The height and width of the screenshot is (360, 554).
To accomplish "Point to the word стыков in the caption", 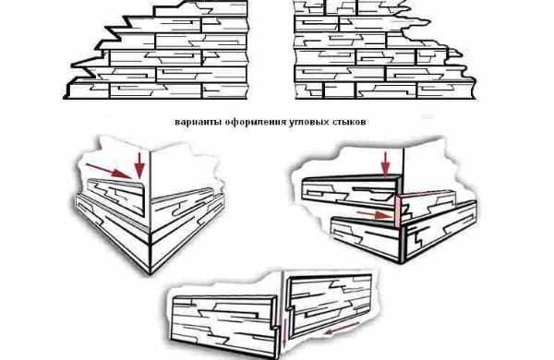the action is click(349, 122).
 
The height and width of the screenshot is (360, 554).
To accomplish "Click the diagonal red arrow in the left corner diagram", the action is click(109, 171).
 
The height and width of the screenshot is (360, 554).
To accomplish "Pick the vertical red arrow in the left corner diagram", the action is click(140, 165).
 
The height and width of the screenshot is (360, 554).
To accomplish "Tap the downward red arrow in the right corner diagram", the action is click(386, 164).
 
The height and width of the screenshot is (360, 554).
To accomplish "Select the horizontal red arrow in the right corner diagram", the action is click(375, 214).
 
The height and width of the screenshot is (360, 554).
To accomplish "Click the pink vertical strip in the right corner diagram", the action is click(397, 211).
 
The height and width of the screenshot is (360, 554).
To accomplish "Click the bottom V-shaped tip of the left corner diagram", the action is click(151, 274).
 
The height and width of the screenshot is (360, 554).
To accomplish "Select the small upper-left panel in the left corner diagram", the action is click(116, 197).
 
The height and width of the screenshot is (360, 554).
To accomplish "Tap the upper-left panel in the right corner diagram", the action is click(351, 193).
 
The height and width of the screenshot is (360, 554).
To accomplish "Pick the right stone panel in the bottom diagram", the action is click(330, 305).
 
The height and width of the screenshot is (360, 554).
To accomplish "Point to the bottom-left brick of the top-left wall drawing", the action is click(89, 90).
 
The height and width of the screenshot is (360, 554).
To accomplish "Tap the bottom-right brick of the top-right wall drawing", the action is click(446, 90).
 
